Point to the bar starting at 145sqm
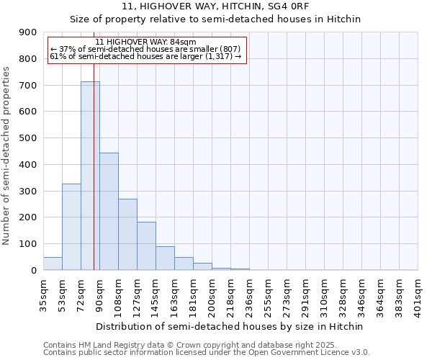pos(165,258)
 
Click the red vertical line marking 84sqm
pos(94,180)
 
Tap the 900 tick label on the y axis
pos(28,32)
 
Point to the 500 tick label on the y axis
pos(28,138)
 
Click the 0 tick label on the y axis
pos(34,270)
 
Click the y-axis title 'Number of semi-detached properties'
pos(7,156)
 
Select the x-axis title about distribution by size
pos(230,326)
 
